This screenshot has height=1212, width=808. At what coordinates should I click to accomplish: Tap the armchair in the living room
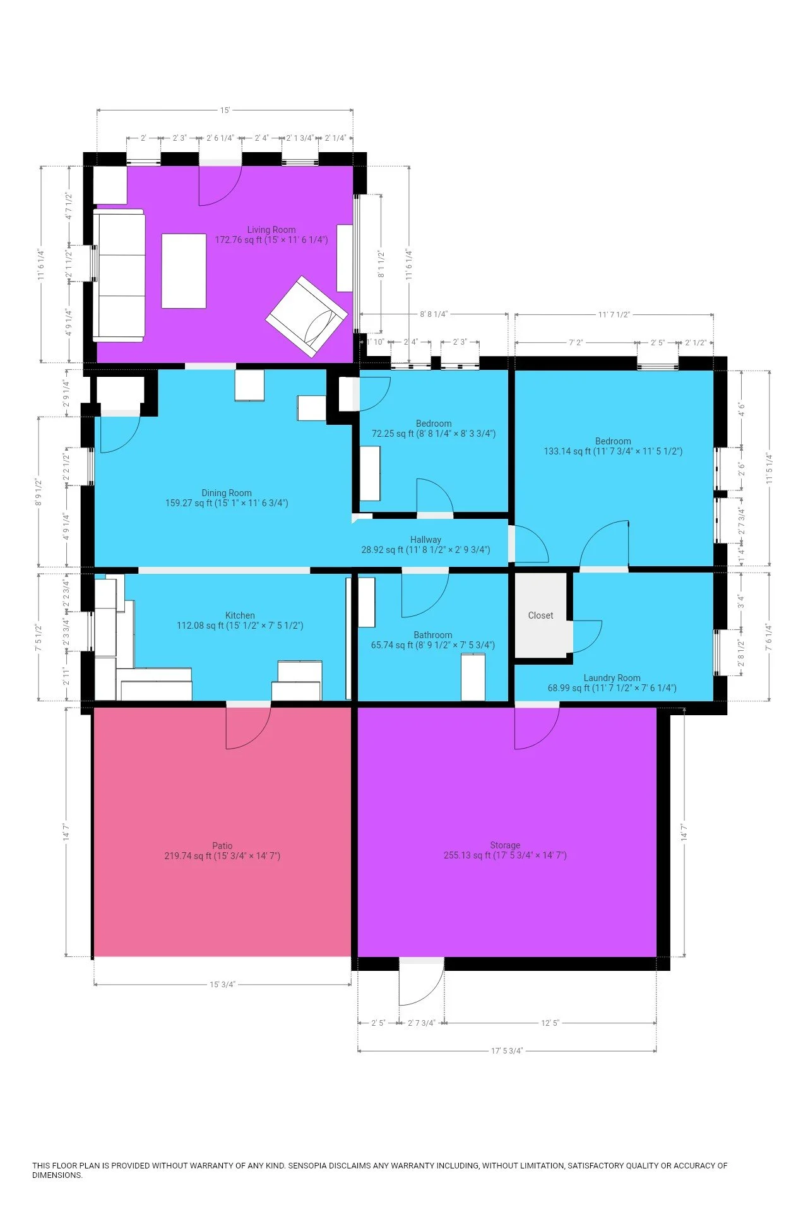tap(307, 316)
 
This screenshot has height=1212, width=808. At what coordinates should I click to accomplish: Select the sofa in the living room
tap(119, 275)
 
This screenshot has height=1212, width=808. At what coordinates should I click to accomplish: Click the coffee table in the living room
tap(184, 271)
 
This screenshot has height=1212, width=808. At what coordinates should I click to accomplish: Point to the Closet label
tap(540, 615)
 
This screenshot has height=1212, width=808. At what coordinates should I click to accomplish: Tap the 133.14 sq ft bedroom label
tap(613, 446)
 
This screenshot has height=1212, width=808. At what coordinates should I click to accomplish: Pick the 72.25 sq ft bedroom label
tap(434, 429)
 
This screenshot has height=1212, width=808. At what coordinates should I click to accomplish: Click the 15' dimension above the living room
tap(225, 110)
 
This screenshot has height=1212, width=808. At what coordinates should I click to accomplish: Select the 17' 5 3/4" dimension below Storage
tap(507, 1050)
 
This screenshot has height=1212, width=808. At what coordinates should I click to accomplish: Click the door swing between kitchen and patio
tap(249, 727)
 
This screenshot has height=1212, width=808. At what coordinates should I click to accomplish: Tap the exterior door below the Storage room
tap(422, 982)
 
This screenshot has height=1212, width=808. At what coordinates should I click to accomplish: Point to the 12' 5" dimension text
tap(550, 1023)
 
